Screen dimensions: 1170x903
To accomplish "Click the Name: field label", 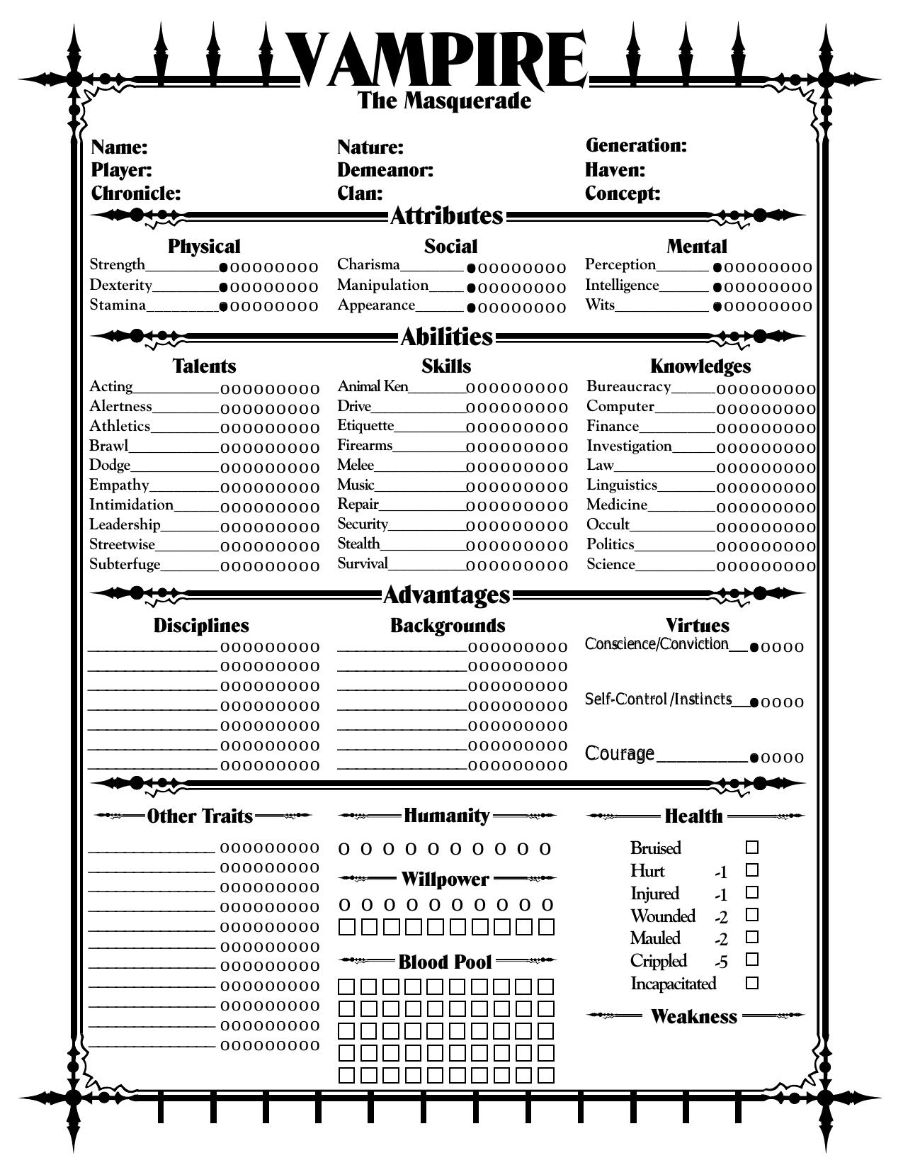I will click(x=119, y=147).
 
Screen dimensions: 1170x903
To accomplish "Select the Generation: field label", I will click(x=635, y=145).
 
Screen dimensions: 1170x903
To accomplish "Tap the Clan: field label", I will click(x=359, y=193).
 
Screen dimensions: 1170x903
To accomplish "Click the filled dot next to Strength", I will click(x=224, y=268).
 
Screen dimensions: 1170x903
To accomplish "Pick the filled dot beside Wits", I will click(x=717, y=306).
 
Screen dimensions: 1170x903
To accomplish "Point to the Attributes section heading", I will click(x=446, y=215).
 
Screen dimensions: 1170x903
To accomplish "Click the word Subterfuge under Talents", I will click(x=125, y=565).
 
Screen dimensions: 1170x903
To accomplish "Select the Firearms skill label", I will click(x=364, y=446).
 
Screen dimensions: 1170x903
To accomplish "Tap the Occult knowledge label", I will click(x=608, y=525).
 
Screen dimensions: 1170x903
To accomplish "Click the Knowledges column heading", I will click(x=700, y=366).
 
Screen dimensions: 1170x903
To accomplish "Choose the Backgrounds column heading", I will click(x=447, y=626).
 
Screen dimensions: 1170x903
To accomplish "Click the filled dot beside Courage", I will click(x=754, y=758).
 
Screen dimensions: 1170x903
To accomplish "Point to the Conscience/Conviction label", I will click(x=656, y=644).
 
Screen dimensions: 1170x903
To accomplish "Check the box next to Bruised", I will click(x=752, y=848).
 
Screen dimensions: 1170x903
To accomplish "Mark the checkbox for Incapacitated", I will click(x=752, y=983).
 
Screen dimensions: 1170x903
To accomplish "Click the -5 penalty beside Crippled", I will click(x=721, y=962).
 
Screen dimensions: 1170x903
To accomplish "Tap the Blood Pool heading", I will click(x=445, y=962).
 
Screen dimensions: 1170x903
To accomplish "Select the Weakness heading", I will click(x=693, y=1017).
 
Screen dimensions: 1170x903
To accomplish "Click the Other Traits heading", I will click(x=200, y=816).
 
